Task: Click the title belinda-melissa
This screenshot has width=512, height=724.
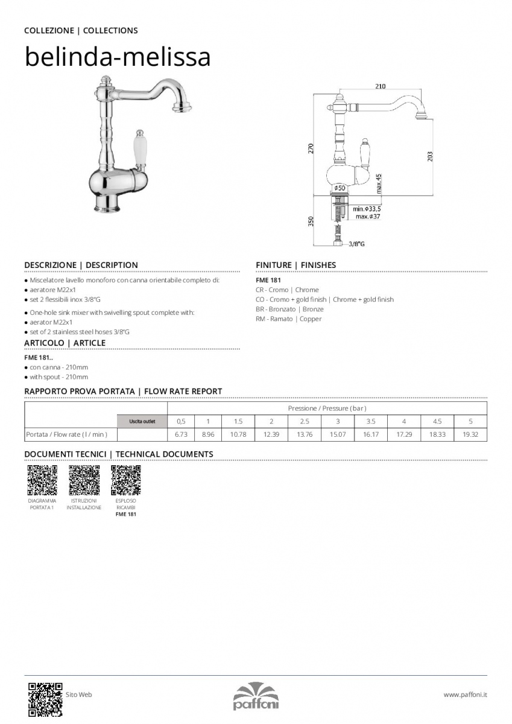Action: pos(117,57)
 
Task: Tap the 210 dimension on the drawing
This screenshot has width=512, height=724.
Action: pos(380,86)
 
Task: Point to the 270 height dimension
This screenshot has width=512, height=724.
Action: pos(311,148)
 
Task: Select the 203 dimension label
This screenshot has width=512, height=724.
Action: pos(429,156)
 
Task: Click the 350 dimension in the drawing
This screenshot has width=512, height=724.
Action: pos(311,221)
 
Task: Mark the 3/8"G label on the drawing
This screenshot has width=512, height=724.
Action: pos(357,244)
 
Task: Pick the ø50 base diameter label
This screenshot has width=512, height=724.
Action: pos(340,188)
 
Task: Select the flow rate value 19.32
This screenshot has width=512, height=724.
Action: pos(470,434)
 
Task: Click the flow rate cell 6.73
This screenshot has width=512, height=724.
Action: pos(181,434)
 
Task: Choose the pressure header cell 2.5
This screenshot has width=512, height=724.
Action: pos(305,421)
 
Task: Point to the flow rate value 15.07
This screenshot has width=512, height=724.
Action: pos(338,434)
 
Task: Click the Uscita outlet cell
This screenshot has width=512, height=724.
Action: pos(142,421)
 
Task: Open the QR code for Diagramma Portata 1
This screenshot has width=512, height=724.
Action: pos(42,480)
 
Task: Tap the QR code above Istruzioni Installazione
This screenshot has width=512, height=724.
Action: pos(84,480)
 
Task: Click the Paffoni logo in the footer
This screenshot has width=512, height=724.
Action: pos(256,696)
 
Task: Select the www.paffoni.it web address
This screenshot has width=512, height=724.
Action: pos(465,695)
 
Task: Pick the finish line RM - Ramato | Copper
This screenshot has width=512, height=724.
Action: pos(288,319)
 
